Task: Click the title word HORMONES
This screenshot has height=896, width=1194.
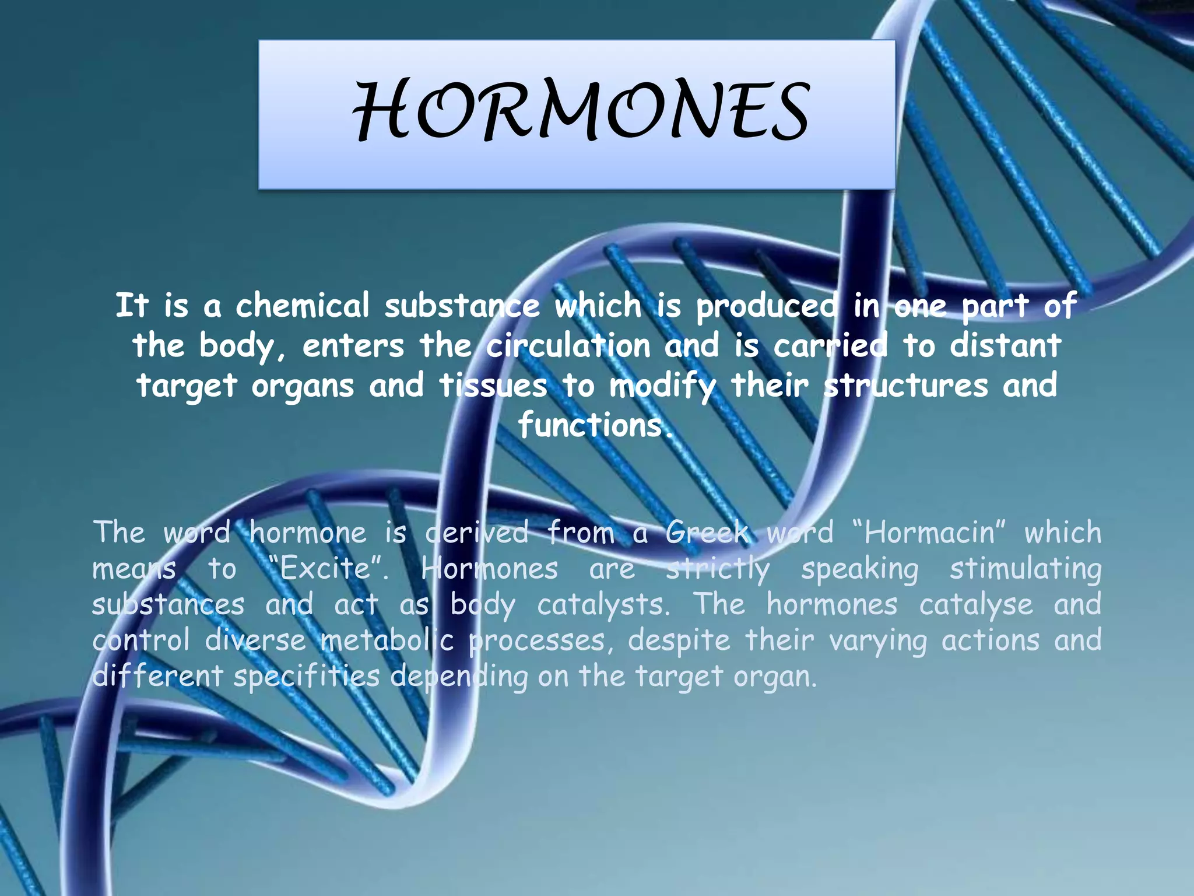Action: (581, 111)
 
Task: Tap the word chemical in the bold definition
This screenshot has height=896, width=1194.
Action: (302, 305)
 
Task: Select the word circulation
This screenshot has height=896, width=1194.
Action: (568, 345)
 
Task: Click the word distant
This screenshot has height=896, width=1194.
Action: (1005, 345)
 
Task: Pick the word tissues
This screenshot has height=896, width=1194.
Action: (493, 385)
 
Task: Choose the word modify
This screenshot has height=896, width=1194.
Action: (662, 386)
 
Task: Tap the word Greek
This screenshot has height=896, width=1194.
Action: (707, 532)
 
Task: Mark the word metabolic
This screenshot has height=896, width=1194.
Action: (387, 640)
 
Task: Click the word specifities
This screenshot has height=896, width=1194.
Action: (307, 677)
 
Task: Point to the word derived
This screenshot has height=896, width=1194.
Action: (477, 532)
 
